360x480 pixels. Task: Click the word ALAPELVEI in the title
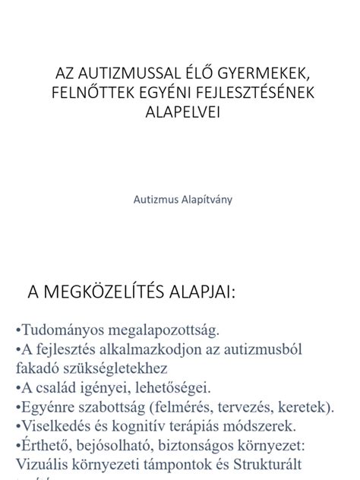click(x=180, y=111)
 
